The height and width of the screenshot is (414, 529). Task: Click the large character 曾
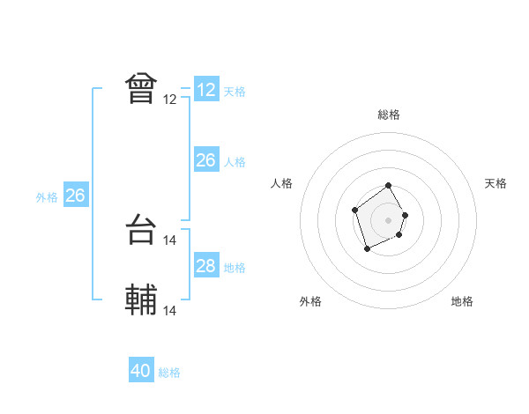point(141,88)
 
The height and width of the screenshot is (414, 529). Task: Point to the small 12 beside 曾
point(170,100)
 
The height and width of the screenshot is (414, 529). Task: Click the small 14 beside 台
point(170,240)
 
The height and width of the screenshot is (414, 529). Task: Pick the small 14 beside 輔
point(170,310)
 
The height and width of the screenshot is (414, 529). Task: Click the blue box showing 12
point(206,90)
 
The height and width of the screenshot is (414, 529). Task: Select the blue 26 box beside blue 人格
point(206,160)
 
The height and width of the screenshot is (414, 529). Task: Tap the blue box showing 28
point(206,266)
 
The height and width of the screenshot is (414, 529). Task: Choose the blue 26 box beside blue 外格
point(75,196)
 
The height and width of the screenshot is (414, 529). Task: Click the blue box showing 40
point(141,371)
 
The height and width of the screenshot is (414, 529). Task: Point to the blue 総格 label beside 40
point(169,373)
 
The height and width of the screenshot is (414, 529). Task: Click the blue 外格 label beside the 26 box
point(47,197)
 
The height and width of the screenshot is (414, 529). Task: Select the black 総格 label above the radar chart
point(389,115)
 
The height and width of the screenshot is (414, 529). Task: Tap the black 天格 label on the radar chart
point(495,183)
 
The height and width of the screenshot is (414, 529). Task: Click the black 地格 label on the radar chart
point(462,301)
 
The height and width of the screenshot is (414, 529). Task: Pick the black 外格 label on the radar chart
point(310,301)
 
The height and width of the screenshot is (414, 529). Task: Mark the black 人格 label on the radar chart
point(282,183)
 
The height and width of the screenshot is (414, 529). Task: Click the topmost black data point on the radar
point(389,187)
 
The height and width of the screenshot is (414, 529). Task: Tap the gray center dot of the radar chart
point(389,219)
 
